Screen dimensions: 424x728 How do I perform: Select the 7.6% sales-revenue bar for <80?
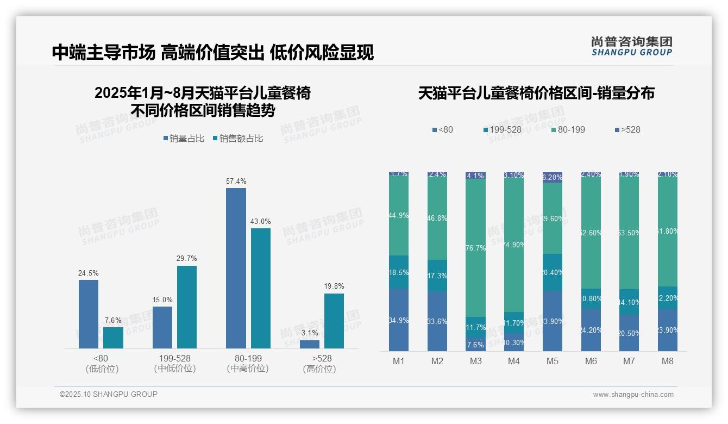pos(113,338)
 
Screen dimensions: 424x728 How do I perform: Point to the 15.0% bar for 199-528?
pos(162,327)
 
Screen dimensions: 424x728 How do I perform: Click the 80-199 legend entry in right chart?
pos(568,130)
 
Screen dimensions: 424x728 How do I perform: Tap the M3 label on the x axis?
pos(476,361)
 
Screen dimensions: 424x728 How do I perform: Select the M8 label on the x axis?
pos(668,361)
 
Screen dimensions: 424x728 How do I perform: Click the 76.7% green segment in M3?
pos(476,248)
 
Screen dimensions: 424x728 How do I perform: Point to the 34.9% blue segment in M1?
pos(399,320)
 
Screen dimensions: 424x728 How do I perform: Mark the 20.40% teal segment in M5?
pos(553,272)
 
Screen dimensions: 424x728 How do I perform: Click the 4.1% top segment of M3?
pos(476,176)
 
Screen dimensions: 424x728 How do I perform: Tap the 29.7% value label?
pos(187,258)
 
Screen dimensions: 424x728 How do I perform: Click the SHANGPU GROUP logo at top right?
pos(632,46)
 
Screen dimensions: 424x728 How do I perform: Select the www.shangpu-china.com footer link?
pos(633,395)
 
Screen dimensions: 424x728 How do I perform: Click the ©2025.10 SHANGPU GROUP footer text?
pos(109,394)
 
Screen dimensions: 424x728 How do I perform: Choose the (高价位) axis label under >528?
pos(319,369)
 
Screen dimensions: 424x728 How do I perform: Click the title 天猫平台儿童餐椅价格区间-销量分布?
pos(536,93)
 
